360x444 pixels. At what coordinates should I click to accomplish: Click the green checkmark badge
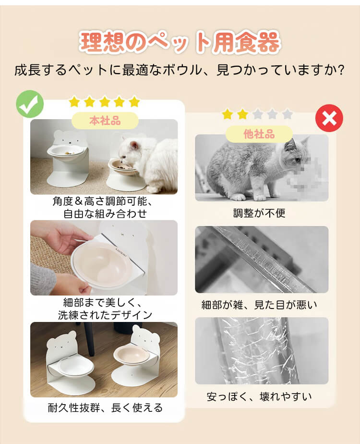point(30,104)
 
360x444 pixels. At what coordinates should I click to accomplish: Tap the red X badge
point(329,118)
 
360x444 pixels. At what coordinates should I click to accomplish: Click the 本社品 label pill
point(105,121)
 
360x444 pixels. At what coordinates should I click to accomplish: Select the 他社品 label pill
point(259,134)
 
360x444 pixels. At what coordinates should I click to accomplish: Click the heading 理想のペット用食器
point(180,42)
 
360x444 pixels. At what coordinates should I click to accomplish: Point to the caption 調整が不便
point(259,213)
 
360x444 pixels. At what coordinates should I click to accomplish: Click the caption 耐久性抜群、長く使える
point(105,408)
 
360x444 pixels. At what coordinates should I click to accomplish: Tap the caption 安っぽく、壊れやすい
point(259,396)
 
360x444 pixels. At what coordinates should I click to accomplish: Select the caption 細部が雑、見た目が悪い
point(259,305)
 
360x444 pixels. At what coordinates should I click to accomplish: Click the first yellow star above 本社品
point(74,101)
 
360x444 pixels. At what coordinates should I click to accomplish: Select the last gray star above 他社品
point(288,114)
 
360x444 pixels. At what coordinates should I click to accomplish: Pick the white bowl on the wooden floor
point(76,368)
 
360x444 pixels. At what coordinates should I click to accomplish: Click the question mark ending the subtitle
point(341,70)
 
